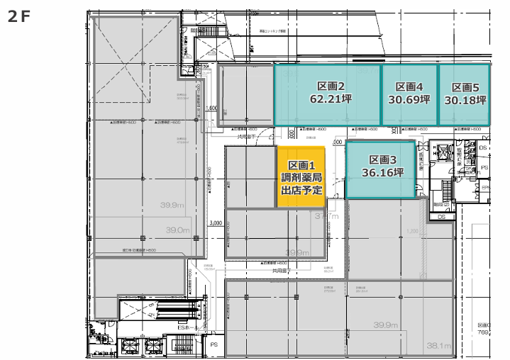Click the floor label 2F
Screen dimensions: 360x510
(x=19, y=17)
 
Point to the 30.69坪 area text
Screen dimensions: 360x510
(x=409, y=100)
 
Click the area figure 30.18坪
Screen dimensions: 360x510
(x=465, y=100)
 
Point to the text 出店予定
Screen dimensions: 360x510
(x=301, y=191)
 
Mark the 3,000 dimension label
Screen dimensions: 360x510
(x=216, y=222)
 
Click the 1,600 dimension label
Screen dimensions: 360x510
(x=210, y=108)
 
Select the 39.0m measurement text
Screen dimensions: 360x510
(x=178, y=230)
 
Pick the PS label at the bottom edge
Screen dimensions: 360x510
(x=214, y=344)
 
